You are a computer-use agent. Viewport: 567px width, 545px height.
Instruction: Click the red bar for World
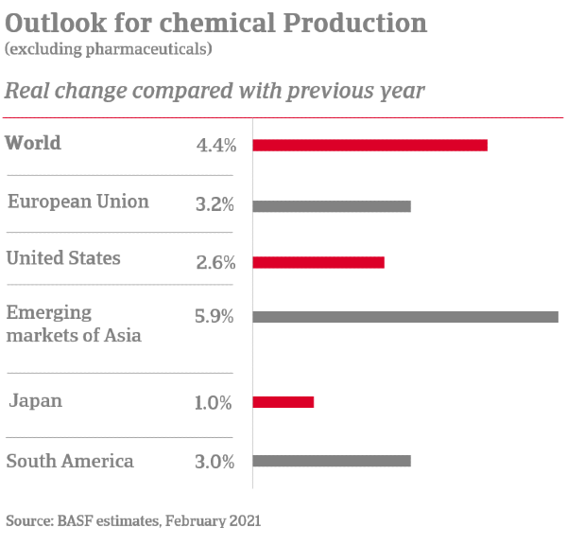tap(369, 145)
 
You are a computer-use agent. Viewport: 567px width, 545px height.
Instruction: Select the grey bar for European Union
tap(332, 205)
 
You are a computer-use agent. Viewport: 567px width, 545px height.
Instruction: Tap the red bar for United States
tap(318, 262)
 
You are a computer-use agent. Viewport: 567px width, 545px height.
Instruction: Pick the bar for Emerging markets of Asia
tap(405, 317)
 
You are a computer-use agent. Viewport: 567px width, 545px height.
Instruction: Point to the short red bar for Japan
tap(283, 402)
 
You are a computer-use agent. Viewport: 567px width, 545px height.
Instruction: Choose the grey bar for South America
tap(332, 461)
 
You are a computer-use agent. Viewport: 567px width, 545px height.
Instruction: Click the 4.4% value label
tap(215, 146)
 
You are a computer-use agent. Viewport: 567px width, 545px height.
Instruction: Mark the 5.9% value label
tap(215, 317)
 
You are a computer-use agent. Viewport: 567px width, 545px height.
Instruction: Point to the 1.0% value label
tap(214, 403)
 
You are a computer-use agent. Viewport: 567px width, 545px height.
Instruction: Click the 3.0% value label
tap(215, 462)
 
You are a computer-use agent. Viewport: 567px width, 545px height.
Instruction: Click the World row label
tap(33, 144)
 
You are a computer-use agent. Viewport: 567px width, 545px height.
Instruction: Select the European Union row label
tap(77, 202)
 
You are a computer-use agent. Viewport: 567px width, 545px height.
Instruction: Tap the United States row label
tap(63, 257)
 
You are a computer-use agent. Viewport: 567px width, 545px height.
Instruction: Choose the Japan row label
tap(36, 401)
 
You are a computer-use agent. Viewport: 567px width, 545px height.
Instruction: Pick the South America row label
tap(70, 462)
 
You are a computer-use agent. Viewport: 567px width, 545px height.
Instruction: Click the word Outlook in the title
tap(49, 22)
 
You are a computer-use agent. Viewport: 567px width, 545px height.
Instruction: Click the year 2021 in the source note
tap(243, 520)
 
